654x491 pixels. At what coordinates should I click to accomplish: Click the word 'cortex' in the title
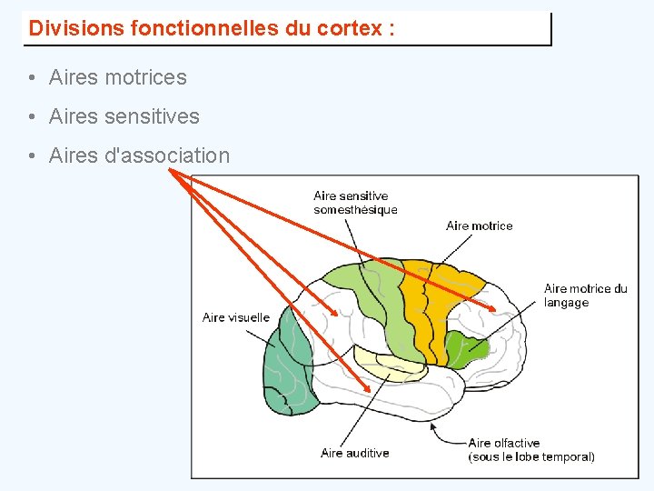click(x=349, y=28)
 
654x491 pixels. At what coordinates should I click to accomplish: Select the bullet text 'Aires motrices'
click(x=117, y=78)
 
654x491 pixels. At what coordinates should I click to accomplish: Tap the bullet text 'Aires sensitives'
click(x=124, y=117)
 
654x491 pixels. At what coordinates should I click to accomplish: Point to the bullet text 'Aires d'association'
click(x=139, y=156)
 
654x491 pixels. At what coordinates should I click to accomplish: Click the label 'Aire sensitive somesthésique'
click(x=355, y=203)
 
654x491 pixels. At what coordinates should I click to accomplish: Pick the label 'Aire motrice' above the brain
click(x=479, y=225)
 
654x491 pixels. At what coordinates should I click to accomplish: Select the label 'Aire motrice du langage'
click(x=585, y=296)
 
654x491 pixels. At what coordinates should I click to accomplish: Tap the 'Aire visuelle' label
click(x=236, y=317)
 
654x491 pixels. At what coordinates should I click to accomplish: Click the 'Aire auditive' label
click(x=354, y=453)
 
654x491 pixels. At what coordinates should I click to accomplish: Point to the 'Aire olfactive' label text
click(x=504, y=444)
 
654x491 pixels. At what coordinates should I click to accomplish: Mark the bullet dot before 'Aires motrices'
click(x=32, y=79)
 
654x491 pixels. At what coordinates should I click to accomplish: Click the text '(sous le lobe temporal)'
click(x=531, y=457)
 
